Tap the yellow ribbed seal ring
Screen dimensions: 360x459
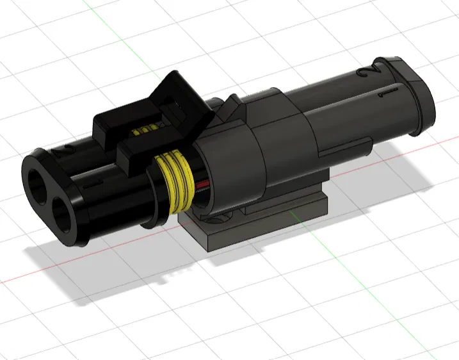[x=177, y=183]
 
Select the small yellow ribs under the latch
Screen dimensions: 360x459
[x=146, y=129]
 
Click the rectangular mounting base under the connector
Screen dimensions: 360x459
[x=256, y=224]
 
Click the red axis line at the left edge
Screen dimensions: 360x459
[x=19, y=279]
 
